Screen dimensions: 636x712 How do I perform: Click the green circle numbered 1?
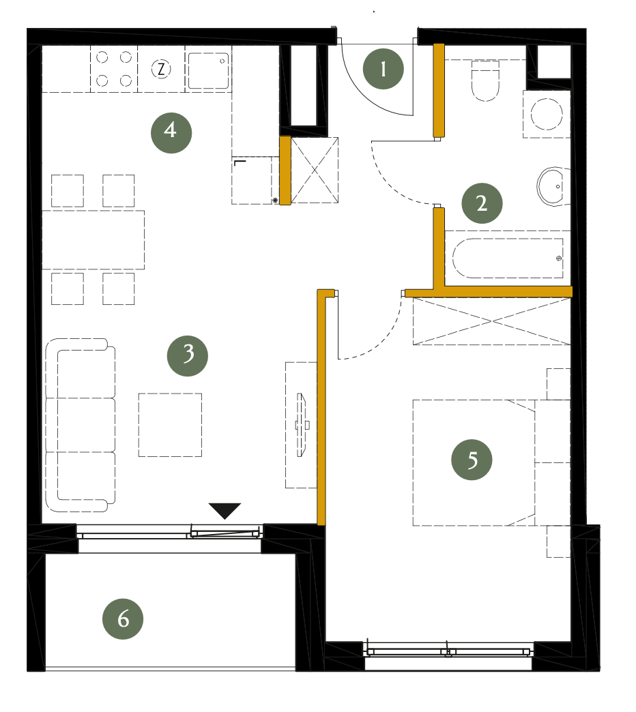[x=383, y=69]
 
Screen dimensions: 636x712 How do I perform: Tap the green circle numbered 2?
[x=482, y=203]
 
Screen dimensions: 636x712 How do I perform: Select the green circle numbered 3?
[x=188, y=355]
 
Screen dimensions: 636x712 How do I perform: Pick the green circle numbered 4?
[x=171, y=132]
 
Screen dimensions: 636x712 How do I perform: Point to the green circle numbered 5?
[x=472, y=460]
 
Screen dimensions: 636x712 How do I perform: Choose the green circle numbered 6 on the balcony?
[x=123, y=619]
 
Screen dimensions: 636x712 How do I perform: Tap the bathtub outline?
[x=508, y=258]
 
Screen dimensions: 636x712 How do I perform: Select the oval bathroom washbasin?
[x=551, y=186]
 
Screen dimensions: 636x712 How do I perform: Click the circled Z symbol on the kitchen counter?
[x=161, y=70]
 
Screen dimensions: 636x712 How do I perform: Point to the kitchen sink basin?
[x=209, y=70]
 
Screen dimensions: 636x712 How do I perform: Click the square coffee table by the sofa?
[x=170, y=425]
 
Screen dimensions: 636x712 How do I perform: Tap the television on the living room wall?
[x=302, y=425]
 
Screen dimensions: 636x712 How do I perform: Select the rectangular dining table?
[x=93, y=240]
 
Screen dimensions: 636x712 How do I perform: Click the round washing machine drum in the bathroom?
[x=547, y=114]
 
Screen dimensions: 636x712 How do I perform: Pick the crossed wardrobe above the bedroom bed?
[x=491, y=321]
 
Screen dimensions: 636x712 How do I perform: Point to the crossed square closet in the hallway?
[x=315, y=170]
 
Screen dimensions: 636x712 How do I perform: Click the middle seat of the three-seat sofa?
[x=81, y=425]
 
